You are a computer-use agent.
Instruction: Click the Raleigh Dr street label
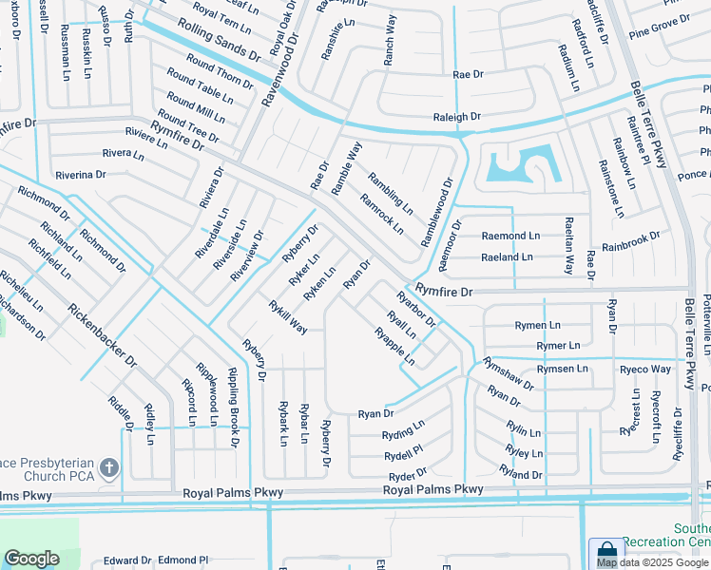(457, 117)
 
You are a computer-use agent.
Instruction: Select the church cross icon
(109, 466)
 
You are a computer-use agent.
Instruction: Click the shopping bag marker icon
(605, 552)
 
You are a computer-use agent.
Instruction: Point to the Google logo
(31, 559)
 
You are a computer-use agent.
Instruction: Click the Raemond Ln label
(510, 235)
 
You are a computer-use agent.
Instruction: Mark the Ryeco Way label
(645, 369)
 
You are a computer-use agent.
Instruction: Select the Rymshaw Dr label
(508, 373)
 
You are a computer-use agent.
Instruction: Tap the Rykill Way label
(287, 316)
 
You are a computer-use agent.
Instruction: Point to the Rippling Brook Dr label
(233, 408)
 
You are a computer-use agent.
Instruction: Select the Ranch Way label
(389, 40)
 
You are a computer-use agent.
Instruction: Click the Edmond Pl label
(183, 560)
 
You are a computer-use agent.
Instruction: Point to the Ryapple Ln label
(394, 347)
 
